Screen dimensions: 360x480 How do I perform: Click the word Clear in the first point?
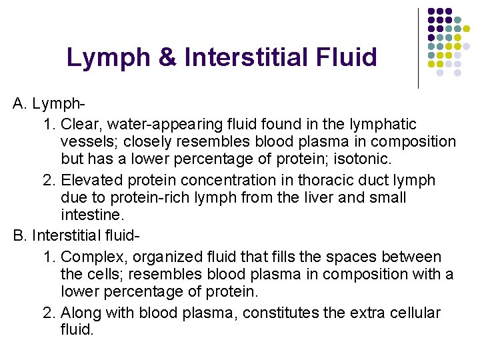[79, 124]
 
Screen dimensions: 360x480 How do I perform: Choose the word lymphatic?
[387, 124]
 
